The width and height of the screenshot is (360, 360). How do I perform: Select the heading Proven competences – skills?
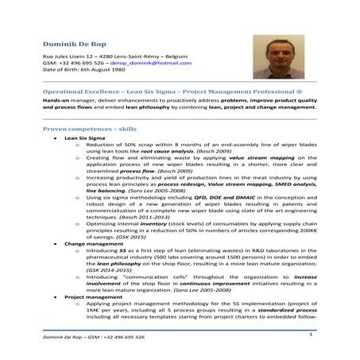88,128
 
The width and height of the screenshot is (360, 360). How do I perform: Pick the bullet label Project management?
87,295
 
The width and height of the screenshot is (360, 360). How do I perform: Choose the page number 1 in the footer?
309,335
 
